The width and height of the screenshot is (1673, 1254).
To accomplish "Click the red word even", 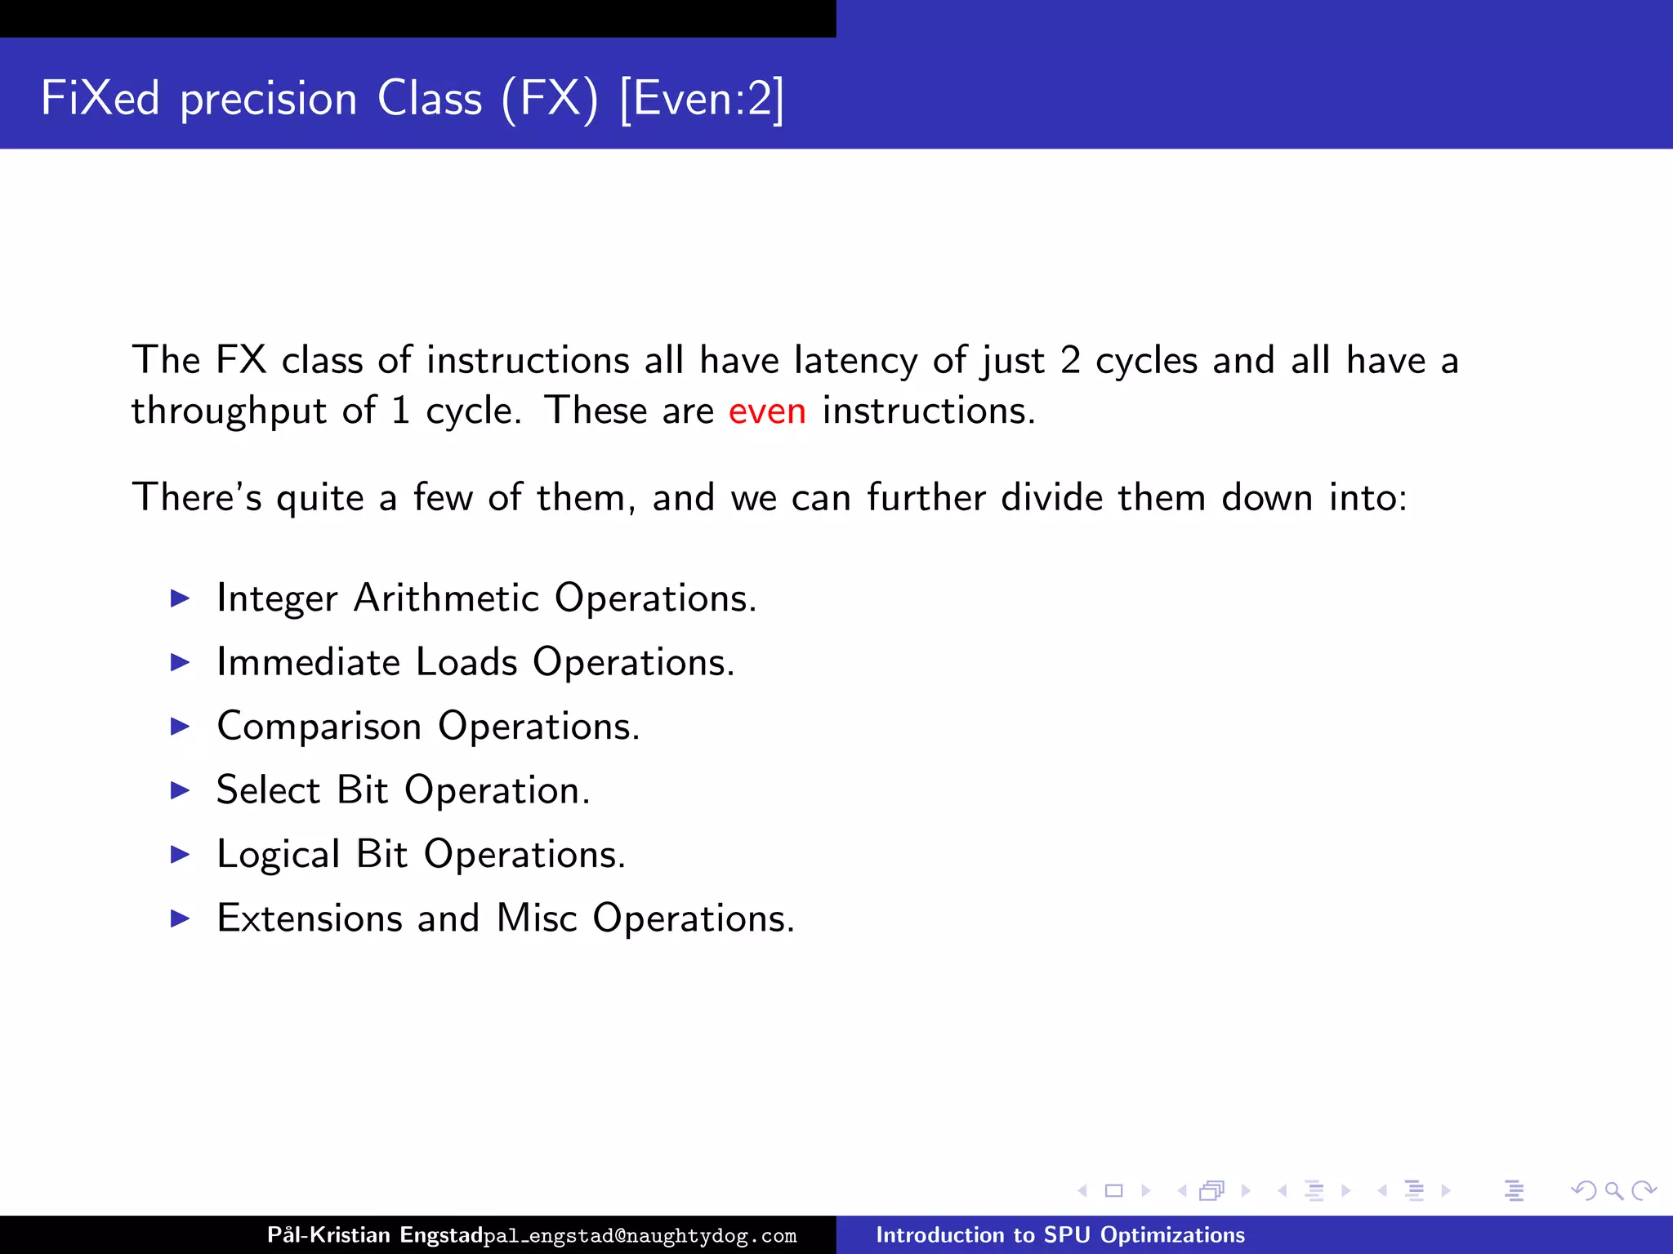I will pyautogui.click(x=766, y=411).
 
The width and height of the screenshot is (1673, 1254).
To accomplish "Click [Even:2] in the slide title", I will pyautogui.click(x=702, y=100).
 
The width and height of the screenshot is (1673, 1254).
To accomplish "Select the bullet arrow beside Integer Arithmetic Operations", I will pyautogui.click(x=180, y=598).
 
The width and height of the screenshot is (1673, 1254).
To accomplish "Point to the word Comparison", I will pyautogui.click(x=319, y=726).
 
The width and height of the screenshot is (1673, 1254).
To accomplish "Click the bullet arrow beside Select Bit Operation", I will pyautogui.click(x=180, y=790).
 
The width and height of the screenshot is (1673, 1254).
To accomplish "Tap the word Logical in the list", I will pyautogui.click(x=278, y=856).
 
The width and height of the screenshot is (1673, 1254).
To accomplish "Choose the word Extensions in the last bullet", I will pyautogui.click(x=310, y=918).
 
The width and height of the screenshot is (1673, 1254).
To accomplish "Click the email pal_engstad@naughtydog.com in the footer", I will pyautogui.click(x=640, y=1236).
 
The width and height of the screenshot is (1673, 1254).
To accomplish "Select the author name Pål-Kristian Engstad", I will pyautogui.click(x=375, y=1234).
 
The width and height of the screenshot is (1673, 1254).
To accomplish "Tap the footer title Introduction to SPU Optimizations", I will pyautogui.click(x=1060, y=1234).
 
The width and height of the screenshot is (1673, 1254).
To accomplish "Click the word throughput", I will pyautogui.click(x=229, y=411).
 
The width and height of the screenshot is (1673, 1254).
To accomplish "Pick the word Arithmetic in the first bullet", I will pyautogui.click(x=446, y=598).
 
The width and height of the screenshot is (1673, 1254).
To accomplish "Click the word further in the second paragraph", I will pyautogui.click(x=926, y=498).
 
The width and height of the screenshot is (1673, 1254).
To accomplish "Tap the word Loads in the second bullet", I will pyautogui.click(x=466, y=662).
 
